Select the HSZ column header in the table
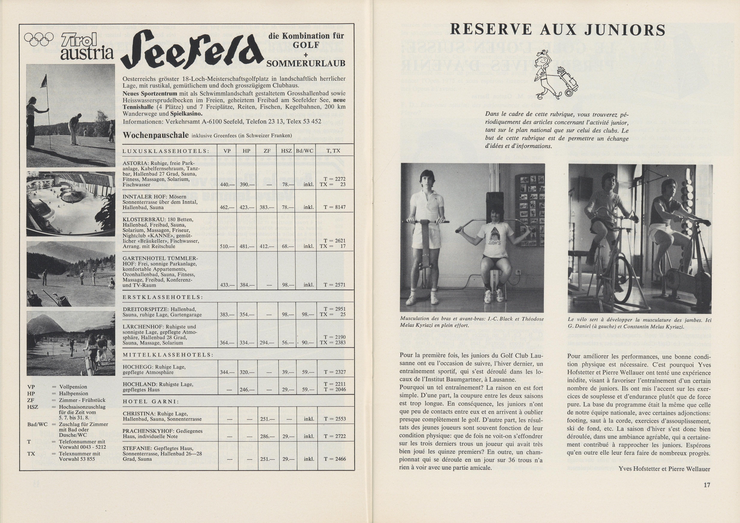286,151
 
